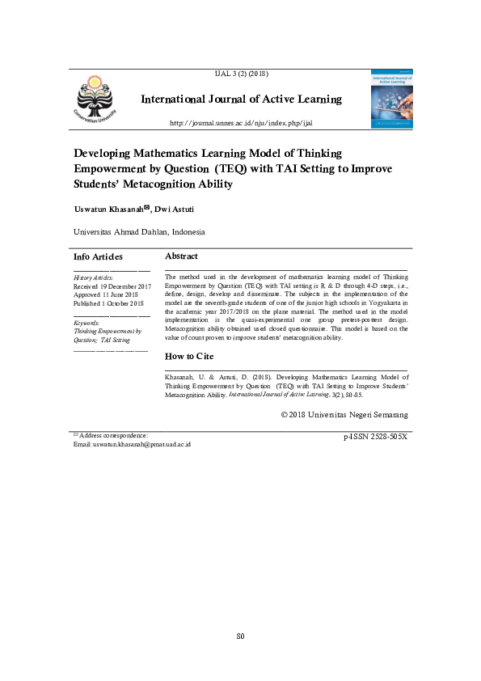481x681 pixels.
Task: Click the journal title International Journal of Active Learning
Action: pyautogui.click(x=241, y=99)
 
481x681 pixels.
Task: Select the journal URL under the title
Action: pyautogui.click(x=240, y=123)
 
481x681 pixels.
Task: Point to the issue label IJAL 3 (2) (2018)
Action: pyautogui.click(x=240, y=74)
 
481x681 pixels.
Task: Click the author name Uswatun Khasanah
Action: pyautogui.click(x=108, y=209)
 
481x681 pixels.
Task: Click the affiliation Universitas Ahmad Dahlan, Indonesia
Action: pyautogui.click(x=139, y=232)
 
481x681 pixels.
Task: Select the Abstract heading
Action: pyautogui.click(x=181, y=256)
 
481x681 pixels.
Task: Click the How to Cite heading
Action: pyautogui.click(x=189, y=356)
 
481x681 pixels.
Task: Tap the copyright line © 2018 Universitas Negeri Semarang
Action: pyautogui.click(x=344, y=414)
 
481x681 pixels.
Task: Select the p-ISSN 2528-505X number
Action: pyautogui.click(x=375, y=437)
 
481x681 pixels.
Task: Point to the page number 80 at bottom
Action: pyautogui.click(x=240, y=637)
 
